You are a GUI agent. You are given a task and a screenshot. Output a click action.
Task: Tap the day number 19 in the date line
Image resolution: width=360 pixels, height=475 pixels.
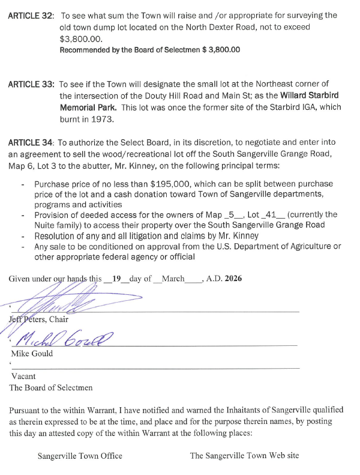117,277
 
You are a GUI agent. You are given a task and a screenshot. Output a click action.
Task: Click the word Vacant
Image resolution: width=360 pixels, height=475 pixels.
23,377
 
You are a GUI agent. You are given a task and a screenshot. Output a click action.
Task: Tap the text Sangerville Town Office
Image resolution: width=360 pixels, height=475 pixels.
80,456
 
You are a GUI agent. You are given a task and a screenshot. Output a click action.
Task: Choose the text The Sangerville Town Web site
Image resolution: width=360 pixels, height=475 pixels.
244,456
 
